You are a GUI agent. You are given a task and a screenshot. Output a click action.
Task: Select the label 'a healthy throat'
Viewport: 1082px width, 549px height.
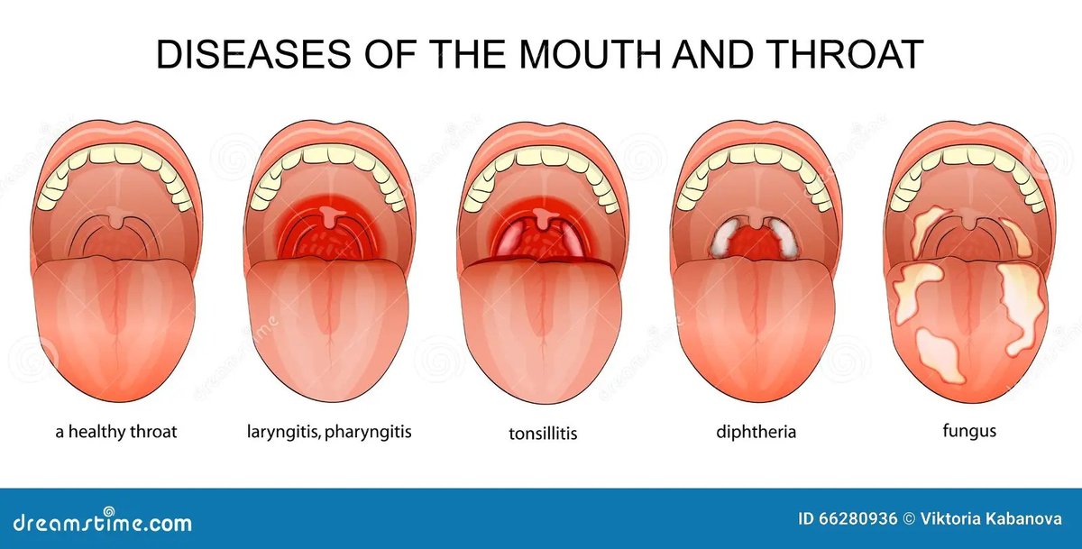[116, 431]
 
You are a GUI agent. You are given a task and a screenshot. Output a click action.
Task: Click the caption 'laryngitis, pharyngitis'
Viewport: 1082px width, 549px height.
[329, 431]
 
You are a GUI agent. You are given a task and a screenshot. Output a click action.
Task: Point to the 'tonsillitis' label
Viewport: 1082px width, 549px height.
[542, 434]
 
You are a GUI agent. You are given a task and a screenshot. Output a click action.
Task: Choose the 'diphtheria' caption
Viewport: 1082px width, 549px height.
[757, 431]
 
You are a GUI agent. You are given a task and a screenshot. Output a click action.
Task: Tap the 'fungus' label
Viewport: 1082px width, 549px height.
[969, 431]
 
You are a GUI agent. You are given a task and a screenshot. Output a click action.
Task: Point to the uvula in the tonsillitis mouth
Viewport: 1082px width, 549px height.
[543, 219]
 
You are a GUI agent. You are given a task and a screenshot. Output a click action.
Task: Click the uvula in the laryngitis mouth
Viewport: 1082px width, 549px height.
[330, 217]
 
